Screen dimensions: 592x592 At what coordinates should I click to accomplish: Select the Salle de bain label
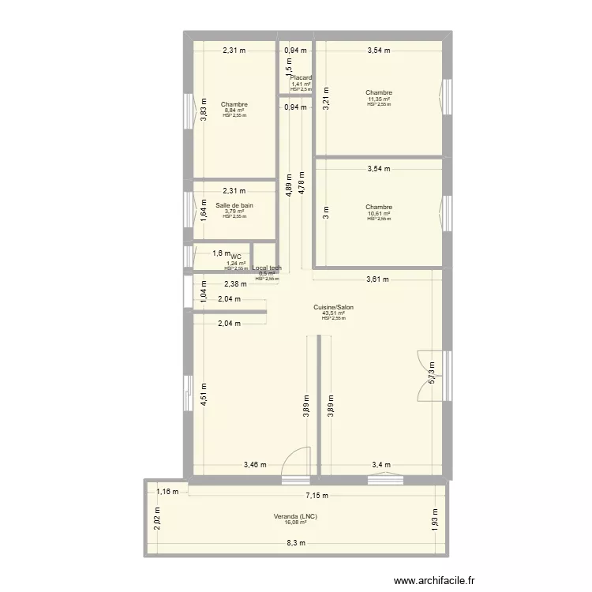[x=234, y=205]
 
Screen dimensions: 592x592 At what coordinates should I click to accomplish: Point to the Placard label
[x=301, y=78]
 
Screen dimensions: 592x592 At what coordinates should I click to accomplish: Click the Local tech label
[x=267, y=268]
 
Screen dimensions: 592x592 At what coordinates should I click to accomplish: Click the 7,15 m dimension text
[x=318, y=496]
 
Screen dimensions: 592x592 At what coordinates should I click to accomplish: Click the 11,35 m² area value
[x=379, y=99]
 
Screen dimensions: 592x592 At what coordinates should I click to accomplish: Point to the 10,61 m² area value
[x=379, y=214]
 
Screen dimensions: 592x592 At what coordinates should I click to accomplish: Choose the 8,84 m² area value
[x=234, y=111]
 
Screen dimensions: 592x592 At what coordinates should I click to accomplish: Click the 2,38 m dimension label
[x=235, y=285]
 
